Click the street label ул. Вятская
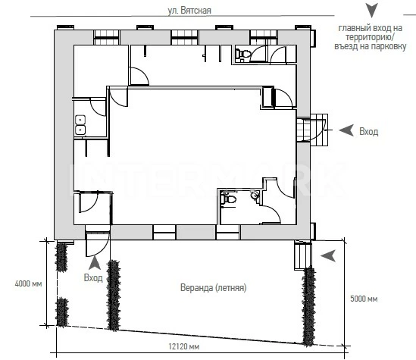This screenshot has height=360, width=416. tap(189, 11)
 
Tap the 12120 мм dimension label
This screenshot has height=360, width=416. tap(184, 346)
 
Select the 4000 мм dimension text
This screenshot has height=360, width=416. tap(28, 284)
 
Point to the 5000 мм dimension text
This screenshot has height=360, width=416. tap(364, 299)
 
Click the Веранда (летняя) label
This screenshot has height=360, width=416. tap(214, 287)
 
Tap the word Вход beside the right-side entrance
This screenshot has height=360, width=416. tap(369, 132)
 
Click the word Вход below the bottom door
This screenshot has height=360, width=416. tap(93, 277)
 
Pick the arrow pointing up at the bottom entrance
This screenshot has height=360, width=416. tap(95, 263)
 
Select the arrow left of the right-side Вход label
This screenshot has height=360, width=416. tap(346, 130)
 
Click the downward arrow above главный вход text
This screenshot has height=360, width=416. tap(372, 11)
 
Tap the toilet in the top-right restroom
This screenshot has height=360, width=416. tap(243, 54)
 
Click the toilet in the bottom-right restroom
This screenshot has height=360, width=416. tap(229, 199)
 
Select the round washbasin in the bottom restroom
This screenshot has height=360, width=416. tap(255, 196)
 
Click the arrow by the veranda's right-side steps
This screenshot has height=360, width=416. tap(328, 255)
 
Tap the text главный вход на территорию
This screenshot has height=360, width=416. tap(371, 33)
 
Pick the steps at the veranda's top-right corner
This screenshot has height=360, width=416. tap(302, 255)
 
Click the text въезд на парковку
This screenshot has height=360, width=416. tap(371, 46)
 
